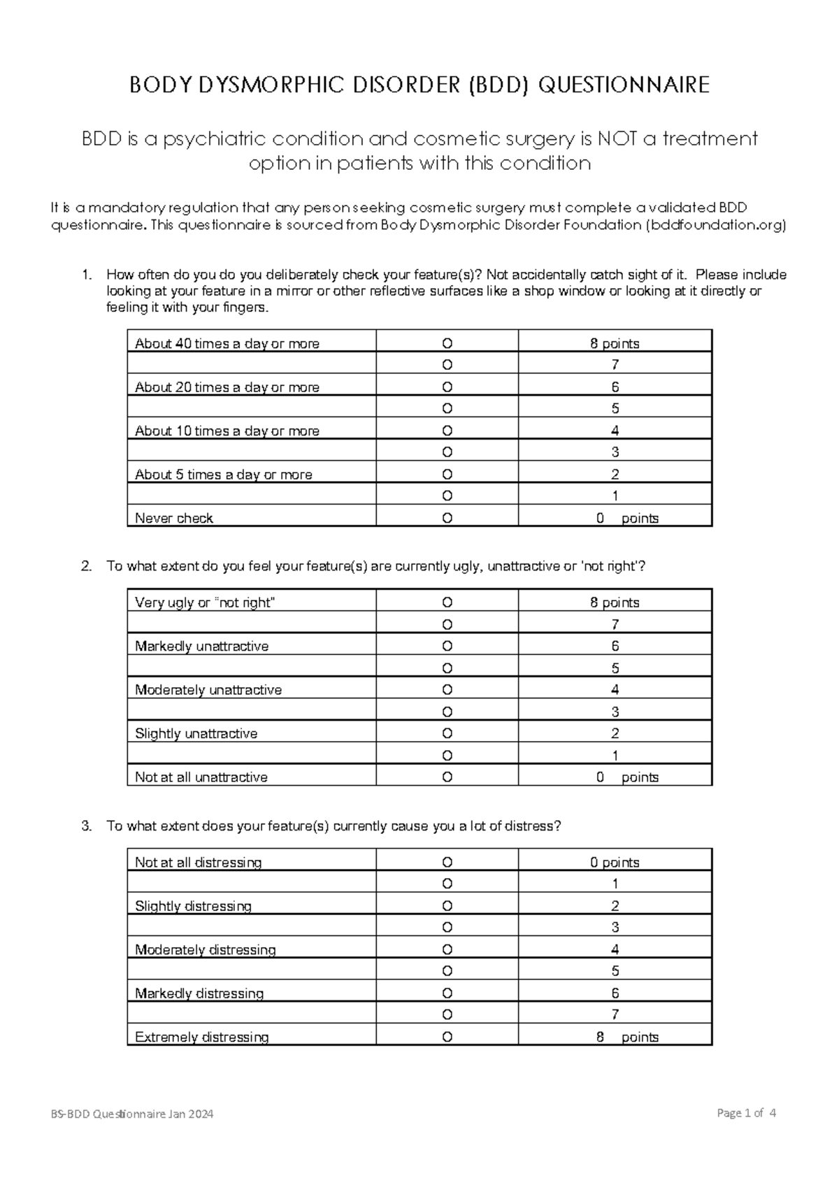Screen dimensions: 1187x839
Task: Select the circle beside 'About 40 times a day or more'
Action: (447, 343)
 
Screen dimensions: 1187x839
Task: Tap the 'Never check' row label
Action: (174, 518)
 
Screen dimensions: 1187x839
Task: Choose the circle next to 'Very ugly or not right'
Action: (447, 603)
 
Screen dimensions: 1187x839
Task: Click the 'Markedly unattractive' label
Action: (201, 646)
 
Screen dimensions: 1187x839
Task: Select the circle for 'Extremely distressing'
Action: (447, 1037)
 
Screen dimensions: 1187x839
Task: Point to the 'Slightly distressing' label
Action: (193, 906)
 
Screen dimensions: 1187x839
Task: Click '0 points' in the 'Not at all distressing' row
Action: (615, 862)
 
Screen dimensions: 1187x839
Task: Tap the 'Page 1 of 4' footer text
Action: (747, 1113)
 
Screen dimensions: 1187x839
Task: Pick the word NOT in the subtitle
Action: (618, 139)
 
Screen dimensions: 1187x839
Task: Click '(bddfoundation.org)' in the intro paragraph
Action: (715, 225)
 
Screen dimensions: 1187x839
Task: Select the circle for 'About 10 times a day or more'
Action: (447, 431)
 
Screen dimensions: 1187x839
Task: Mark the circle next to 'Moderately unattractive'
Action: (447, 690)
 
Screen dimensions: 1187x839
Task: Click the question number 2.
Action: (86, 566)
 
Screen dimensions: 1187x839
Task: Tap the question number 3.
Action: (86, 826)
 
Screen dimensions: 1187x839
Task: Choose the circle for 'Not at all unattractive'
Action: (447, 777)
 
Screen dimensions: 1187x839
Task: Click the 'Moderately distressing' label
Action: (205, 949)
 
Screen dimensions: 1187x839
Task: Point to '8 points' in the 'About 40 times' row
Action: (615, 343)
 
